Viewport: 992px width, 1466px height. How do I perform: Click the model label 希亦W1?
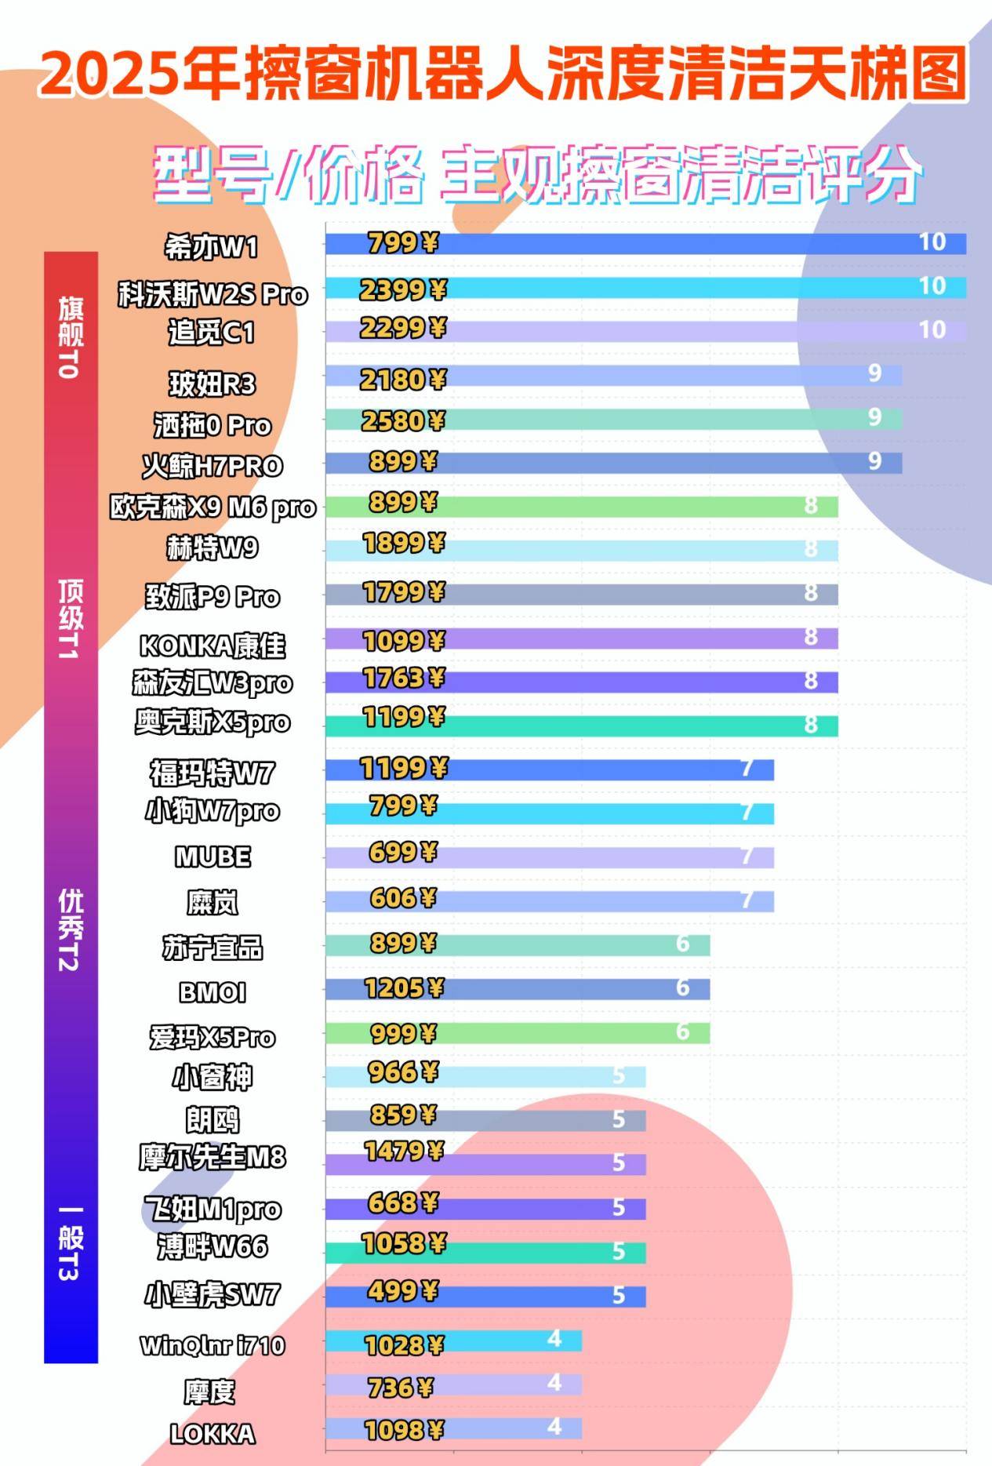pyautogui.click(x=211, y=248)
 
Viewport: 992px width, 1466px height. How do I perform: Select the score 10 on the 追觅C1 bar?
pyautogui.click(x=932, y=330)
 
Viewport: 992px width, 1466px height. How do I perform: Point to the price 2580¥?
pyautogui.click(x=402, y=421)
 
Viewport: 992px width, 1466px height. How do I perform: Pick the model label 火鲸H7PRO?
pyautogui.click(x=212, y=466)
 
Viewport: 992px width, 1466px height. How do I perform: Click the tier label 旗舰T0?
pyautogui.click(x=70, y=337)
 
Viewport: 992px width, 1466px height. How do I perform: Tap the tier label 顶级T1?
pyautogui.click(x=70, y=619)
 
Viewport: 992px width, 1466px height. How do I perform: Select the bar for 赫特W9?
pyautogui.click(x=581, y=550)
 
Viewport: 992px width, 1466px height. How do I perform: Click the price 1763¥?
pyautogui.click(x=403, y=678)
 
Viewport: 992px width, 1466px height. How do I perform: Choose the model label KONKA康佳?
pyautogui.click(x=212, y=646)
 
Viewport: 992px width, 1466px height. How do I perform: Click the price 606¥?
pyautogui.click(x=402, y=898)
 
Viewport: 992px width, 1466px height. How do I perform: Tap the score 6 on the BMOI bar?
pyautogui.click(x=682, y=988)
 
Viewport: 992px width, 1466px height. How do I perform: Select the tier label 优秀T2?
pyautogui.click(x=70, y=930)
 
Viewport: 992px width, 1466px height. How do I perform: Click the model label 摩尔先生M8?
pyautogui.click(x=212, y=1158)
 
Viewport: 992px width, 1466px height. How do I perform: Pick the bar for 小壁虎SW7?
pyautogui.click(x=485, y=1297)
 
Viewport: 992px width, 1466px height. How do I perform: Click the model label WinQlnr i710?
pyautogui.click(x=212, y=1346)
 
